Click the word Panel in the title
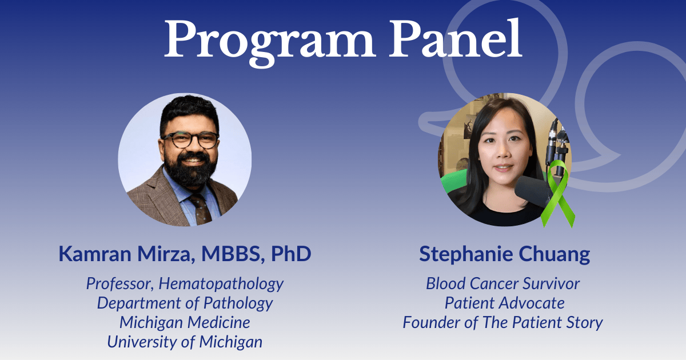coord(456,38)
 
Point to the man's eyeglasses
coord(190,140)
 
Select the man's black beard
coord(190,169)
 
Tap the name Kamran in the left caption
coord(95,254)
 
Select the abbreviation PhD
coord(291,254)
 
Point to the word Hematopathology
coord(221,284)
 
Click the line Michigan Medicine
coord(185,322)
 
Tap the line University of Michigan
coord(185,342)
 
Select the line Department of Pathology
coord(185,303)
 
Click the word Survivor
coord(551,283)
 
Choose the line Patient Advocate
coord(504,303)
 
